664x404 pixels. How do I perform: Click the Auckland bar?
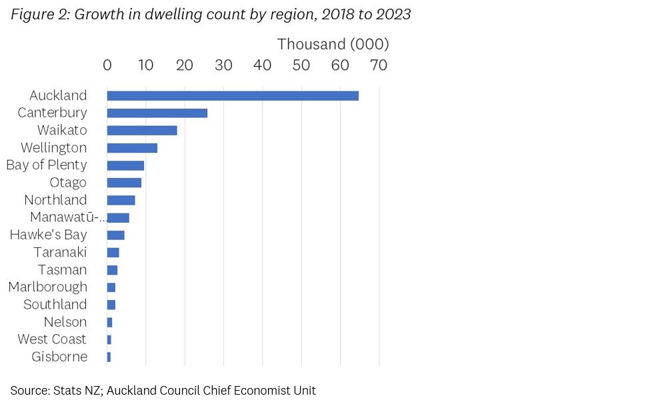tap(233, 95)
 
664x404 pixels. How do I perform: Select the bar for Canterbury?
tap(157, 113)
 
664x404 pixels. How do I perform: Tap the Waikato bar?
tap(142, 131)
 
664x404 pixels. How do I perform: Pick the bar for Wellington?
tap(132, 148)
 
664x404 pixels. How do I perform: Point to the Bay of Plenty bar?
tap(125, 165)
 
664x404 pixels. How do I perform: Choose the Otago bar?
tap(124, 183)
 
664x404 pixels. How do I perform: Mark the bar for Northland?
tap(121, 200)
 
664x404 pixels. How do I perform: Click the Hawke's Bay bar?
tap(115, 235)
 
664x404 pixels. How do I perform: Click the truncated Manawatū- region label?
tap(69, 217)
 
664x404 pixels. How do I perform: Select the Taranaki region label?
tap(60, 252)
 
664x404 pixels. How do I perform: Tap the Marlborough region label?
tap(47, 287)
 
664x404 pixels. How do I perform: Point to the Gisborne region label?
tap(59, 357)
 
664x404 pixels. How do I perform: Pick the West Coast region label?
tap(52, 339)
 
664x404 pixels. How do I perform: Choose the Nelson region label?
tap(65, 322)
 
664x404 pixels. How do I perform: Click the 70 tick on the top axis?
tap(379, 65)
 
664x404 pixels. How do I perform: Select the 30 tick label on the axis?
tap(223, 65)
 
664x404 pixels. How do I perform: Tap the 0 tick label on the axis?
tap(107, 65)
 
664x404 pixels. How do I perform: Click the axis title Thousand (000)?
tap(333, 44)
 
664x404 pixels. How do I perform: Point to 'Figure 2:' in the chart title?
tap(39, 15)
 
